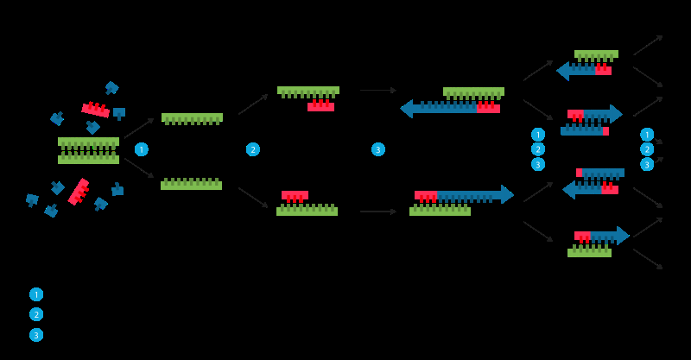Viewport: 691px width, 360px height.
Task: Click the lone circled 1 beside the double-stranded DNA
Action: tap(141, 149)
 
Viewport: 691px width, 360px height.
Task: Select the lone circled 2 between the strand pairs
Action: tap(252, 149)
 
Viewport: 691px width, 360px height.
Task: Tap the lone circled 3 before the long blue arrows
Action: tap(377, 149)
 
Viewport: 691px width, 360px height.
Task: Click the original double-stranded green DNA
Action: tap(88, 150)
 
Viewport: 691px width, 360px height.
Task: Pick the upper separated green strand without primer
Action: tap(192, 118)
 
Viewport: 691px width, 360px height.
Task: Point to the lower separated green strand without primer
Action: tap(191, 184)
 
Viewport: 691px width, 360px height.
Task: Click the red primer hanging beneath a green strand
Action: tap(320, 106)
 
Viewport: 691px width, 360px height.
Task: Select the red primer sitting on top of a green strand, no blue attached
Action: tap(295, 196)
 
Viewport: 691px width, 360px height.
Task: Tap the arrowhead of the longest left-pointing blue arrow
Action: tap(407, 109)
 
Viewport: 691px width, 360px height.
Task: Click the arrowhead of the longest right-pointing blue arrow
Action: tap(507, 194)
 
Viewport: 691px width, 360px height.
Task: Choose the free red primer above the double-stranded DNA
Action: tap(95, 110)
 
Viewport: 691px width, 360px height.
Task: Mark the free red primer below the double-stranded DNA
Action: tap(79, 192)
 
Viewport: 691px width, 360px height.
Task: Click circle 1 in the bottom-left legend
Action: tap(36, 294)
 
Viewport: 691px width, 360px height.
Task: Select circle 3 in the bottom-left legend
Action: tap(36, 335)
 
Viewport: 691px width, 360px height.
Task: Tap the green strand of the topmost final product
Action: tap(596, 54)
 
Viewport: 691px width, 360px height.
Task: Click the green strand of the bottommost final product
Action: tap(589, 253)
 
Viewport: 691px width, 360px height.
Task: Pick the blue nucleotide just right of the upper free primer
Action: tap(119, 112)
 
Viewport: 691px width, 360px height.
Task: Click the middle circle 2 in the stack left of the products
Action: tap(538, 149)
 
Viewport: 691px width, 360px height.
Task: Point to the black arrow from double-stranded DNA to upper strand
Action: tap(138, 128)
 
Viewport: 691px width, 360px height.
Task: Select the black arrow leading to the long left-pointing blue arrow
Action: tap(377, 90)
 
